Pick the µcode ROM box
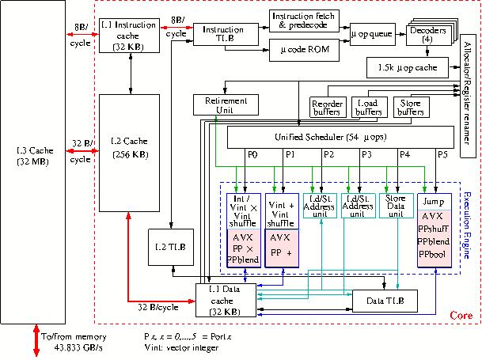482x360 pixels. [x=305, y=51]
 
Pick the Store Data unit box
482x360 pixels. [x=397, y=206]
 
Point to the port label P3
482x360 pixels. [x=366, y=154]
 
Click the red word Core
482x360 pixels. [x=461, y=315]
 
